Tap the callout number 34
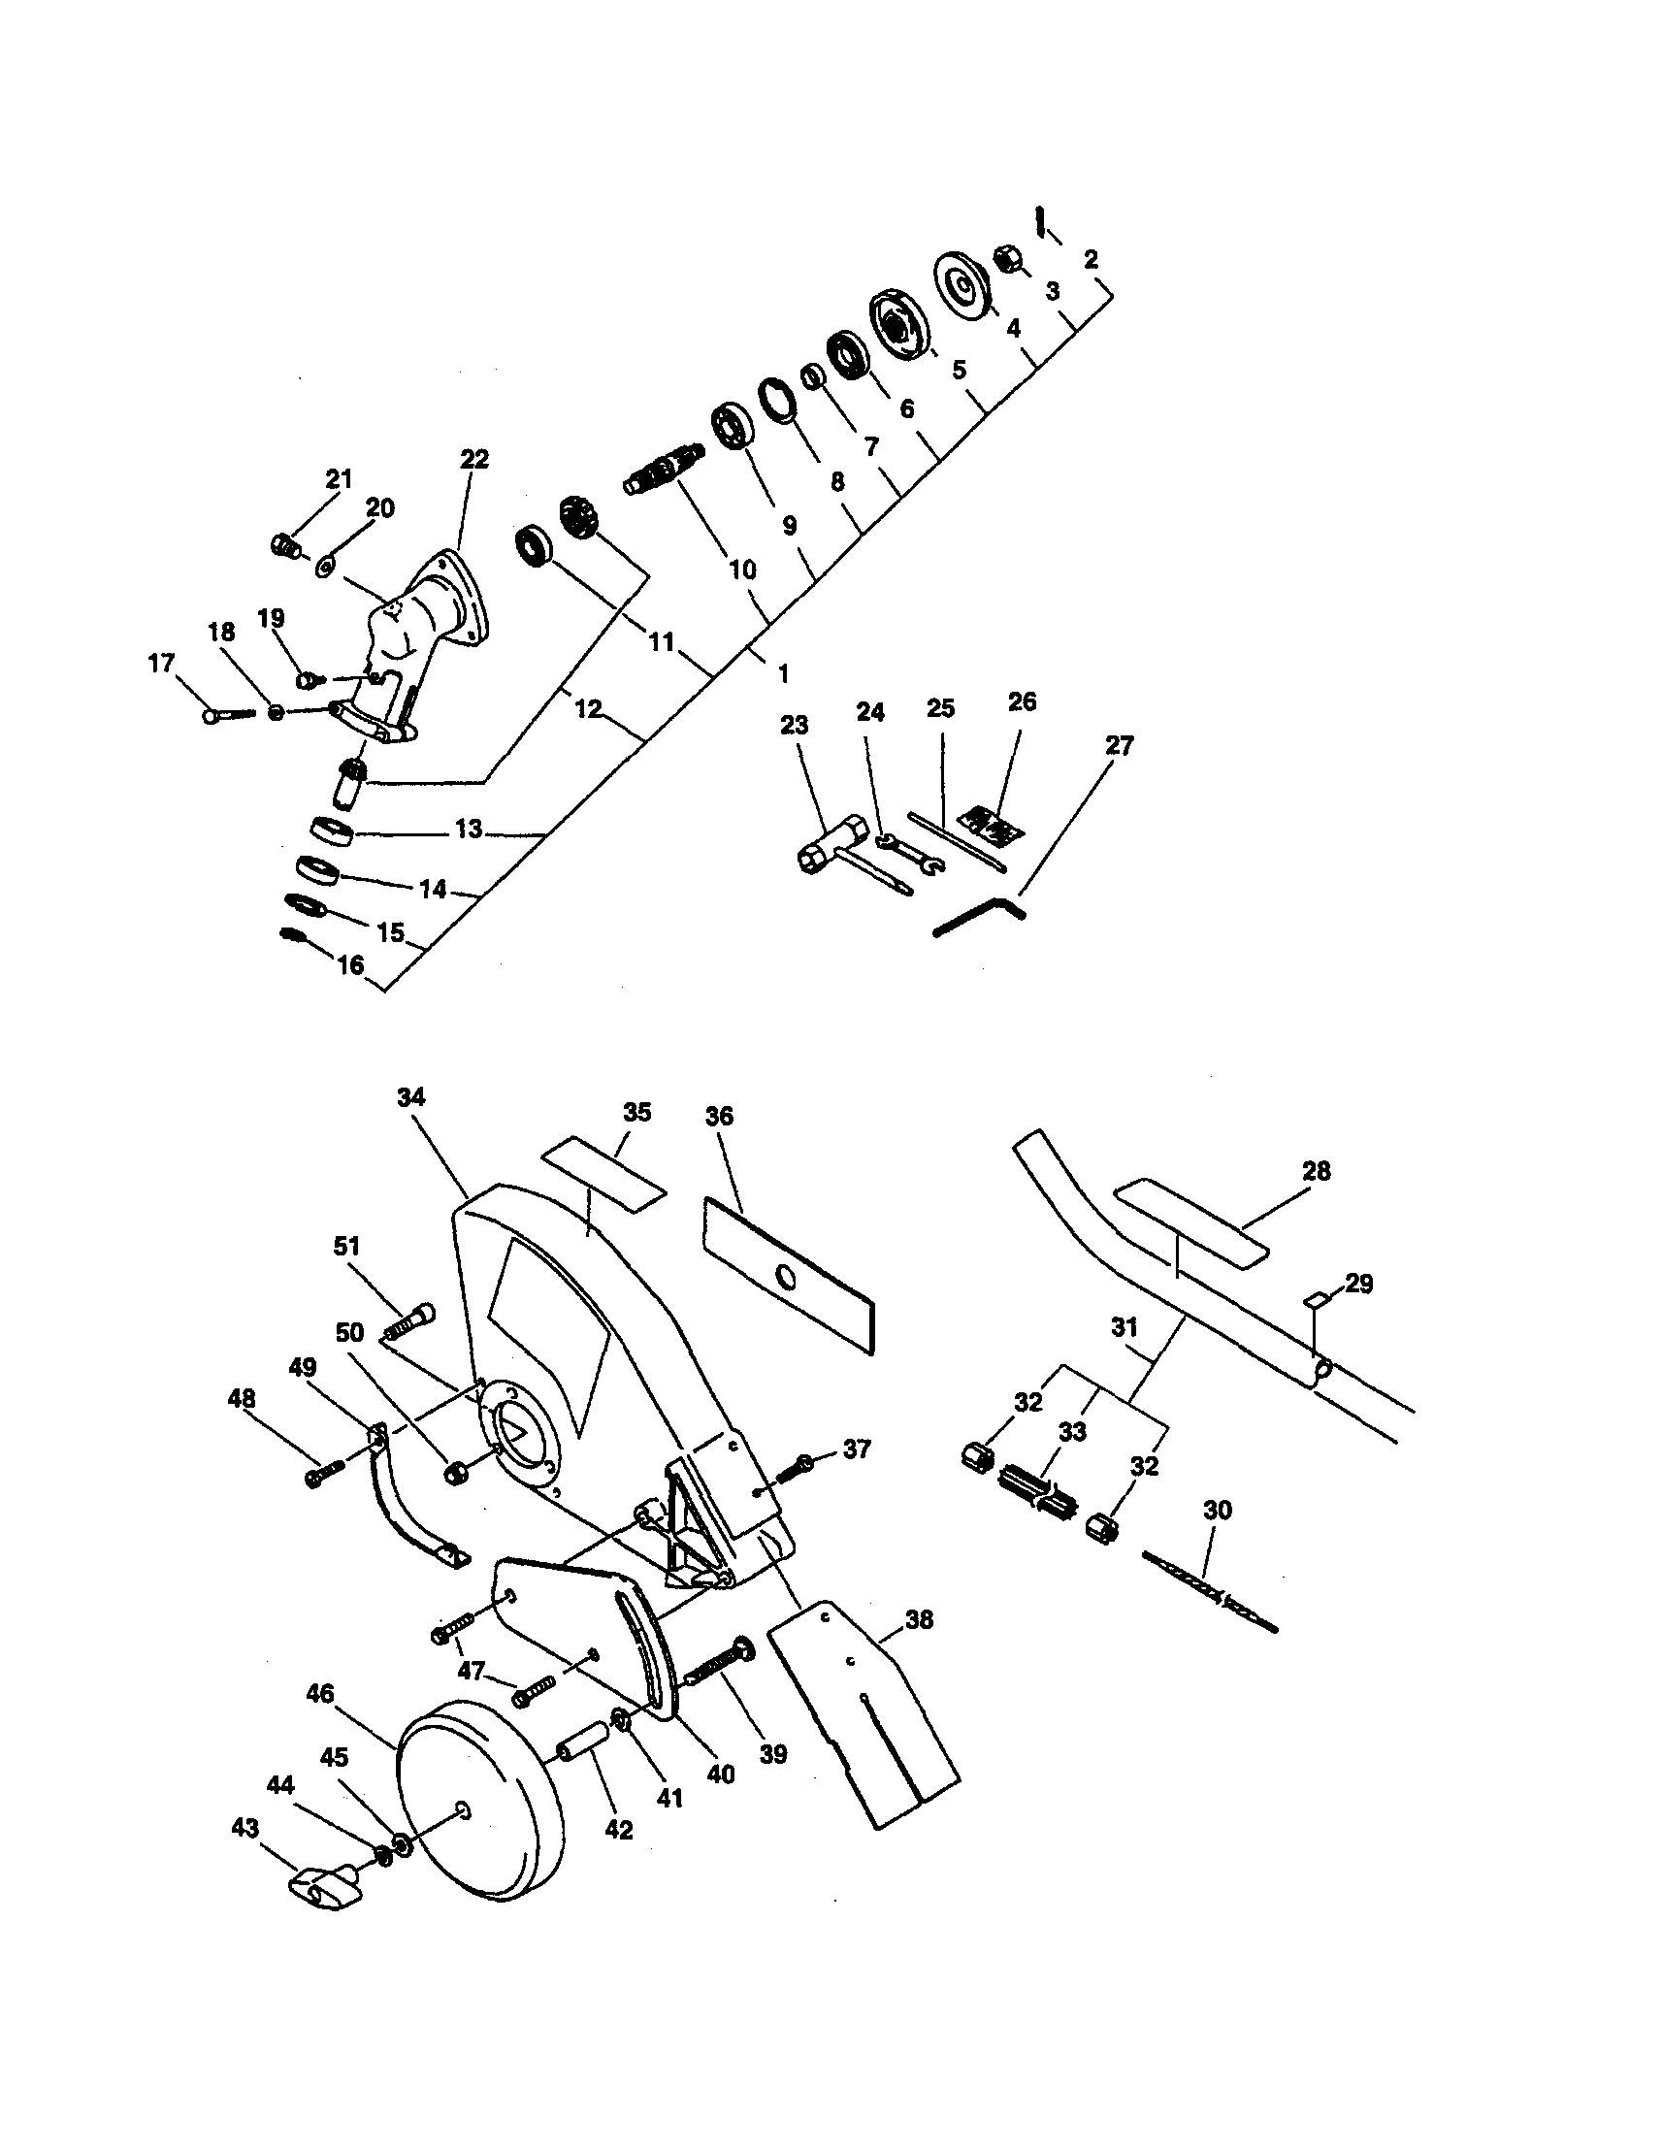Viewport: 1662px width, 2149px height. pos(411,1097)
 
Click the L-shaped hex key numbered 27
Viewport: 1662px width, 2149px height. pos(979,915)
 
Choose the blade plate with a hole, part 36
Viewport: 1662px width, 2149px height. pos(787,1275)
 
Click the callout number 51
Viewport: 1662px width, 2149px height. pos(346,1246)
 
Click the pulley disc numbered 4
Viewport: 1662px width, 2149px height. pos(960,285)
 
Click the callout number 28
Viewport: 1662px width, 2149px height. pos(1316,1171)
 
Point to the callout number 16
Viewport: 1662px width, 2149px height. pos(350,965)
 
